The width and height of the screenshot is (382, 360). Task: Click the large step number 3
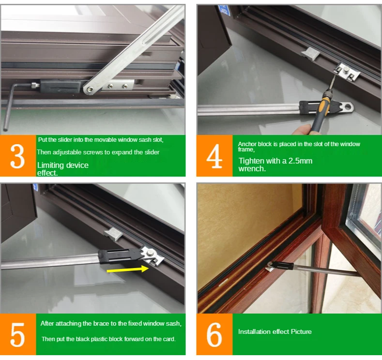pos(17,156)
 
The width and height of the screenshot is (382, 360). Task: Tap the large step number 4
pos(214,156)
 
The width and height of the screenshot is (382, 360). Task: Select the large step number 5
pos(17,335)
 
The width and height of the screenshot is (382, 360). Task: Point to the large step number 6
pos(214,335)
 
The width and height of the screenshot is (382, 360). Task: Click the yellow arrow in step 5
pos(128,270)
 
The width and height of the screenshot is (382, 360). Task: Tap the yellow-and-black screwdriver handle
pos(321,113)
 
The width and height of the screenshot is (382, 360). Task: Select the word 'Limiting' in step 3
pos(50,165)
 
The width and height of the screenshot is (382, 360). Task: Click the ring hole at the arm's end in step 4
pos(349,106)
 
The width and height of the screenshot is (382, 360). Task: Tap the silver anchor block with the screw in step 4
pos(347,72)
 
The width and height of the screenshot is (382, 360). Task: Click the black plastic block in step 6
pos(282,265)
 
